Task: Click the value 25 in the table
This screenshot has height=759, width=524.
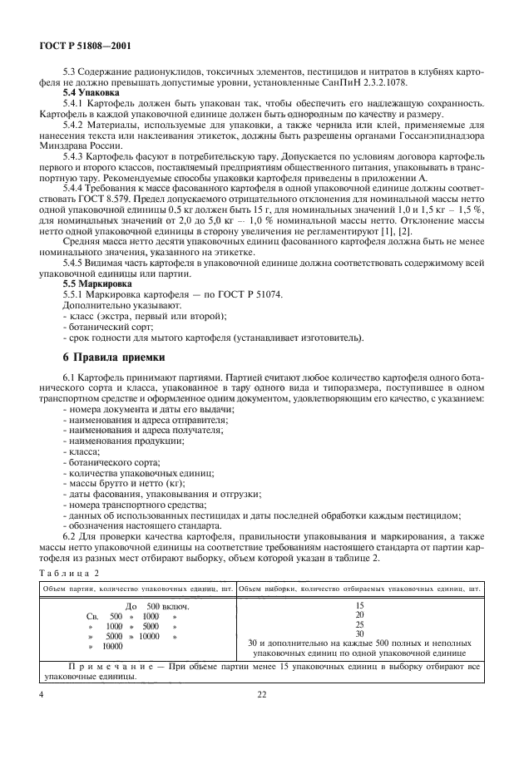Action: coord(359,624)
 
